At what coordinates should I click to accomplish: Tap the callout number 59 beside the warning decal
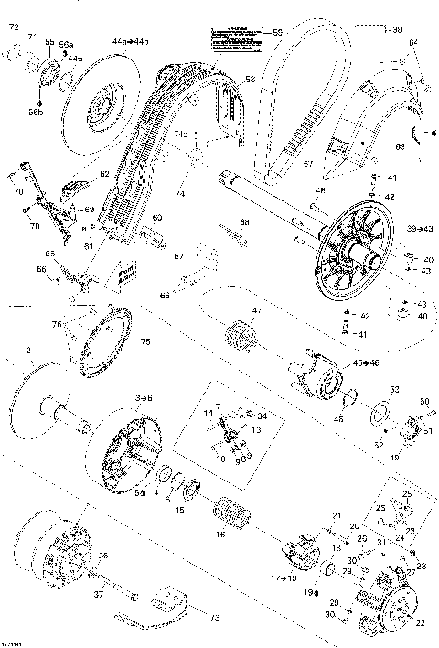[x=278, y=34]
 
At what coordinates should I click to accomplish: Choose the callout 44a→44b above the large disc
[x=128, y=42]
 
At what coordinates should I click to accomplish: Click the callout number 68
[x=244, y=222]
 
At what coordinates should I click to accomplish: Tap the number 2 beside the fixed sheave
[x=28, y=350]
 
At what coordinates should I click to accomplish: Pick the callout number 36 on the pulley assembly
[x=102, y=555]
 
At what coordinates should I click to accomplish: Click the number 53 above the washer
[x=394, y=389]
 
